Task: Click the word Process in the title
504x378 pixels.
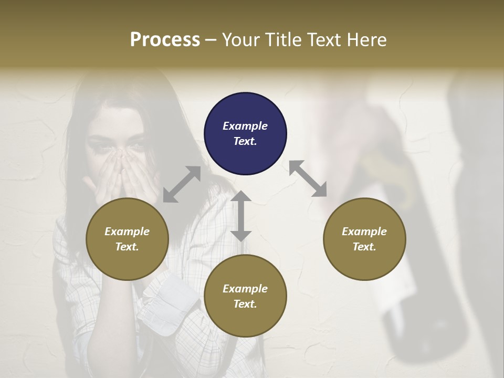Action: (x=165, y=40)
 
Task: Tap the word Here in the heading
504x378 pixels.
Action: (x=367, y=40)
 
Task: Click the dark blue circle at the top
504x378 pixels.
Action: (x=245, y=133)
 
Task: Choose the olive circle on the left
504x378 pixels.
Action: (x=127, y=239)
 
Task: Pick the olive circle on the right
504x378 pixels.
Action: (x=364, y=239)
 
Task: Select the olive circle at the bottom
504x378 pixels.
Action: (x=245, y=296)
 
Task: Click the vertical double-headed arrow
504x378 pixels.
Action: (x=241, y=216)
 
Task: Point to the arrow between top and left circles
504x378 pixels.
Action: (x=182, y=184)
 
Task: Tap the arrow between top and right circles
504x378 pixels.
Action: (x=308, y=178)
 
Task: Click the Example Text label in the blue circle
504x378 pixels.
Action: (x=245, y=133)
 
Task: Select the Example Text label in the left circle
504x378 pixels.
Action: (x=127, y=239)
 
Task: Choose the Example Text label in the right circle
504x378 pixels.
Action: (x=364, y=239)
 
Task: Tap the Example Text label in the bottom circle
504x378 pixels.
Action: (x=245, y=296)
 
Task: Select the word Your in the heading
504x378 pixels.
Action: (x=239, y=40)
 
